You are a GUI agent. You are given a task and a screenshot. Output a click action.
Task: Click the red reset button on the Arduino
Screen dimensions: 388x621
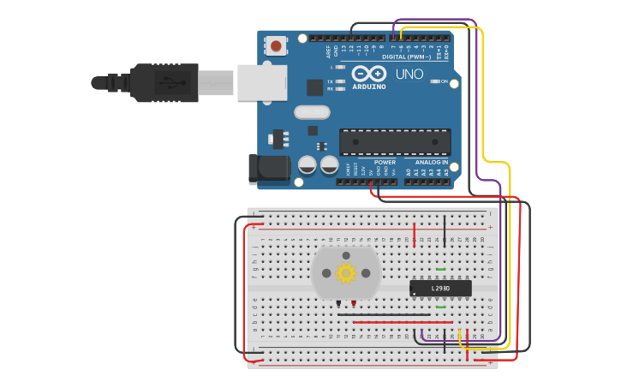[x=276, y=45]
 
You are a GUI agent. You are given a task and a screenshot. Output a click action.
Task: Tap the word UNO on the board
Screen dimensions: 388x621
[x=409, y=75]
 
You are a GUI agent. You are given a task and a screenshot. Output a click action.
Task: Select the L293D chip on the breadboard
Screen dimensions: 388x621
[x=440, y=289]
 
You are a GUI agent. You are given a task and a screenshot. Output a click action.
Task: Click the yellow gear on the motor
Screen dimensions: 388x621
[x=346, y=273]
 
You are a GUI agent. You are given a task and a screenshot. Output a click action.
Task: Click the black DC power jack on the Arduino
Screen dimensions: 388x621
[x=270, y=167]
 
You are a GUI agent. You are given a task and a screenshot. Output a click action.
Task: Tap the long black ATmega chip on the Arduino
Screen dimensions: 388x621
[x=395, y=142]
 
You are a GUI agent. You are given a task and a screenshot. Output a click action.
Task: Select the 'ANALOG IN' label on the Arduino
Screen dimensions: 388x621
[x=432, y=162]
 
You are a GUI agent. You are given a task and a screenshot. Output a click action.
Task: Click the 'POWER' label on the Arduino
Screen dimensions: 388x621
[x=385, y=162]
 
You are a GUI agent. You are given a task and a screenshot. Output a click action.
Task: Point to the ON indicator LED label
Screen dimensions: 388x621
[x=444, y=81]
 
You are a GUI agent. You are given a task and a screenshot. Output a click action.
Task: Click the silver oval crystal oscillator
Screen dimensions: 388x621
[x=312, y=112]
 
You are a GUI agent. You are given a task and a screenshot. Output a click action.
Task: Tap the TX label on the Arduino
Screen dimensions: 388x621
[x=331, y=81]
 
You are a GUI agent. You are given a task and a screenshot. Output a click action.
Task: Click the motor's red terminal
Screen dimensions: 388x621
[x=353, y=302]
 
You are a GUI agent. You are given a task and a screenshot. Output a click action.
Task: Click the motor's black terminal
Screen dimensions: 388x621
[x=339, y=302]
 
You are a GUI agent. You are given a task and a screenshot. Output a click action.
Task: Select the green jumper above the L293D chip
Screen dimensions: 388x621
[x=440, y=270]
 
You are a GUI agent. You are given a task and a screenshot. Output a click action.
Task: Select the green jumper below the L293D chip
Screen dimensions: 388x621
[x=440, y=307]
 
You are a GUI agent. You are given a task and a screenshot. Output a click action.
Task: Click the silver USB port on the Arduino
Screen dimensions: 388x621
[x=262, y=83]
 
